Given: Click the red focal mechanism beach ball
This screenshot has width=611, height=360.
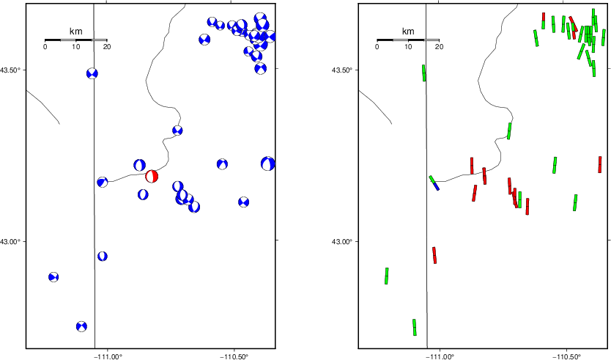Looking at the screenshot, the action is point(152,176).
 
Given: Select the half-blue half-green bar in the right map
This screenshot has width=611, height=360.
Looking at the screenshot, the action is point(434,183).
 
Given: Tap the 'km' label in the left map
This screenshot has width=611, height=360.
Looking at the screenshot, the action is point(75,32).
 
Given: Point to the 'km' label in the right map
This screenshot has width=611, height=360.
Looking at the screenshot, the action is point(408,32).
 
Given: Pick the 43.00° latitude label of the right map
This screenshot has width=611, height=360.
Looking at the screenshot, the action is point(341,242).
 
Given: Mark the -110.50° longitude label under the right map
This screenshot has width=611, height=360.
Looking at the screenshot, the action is point(566,356).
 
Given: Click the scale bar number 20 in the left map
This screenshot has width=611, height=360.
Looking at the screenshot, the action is point(107,47).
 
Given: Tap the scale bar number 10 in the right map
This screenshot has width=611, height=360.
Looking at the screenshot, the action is point(408,47).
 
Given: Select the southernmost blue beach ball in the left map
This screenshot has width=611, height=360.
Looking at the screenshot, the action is point(81,326).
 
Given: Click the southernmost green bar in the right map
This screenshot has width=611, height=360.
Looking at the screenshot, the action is point(415,327).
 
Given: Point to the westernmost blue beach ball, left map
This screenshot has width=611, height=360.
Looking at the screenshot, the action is point(53,277).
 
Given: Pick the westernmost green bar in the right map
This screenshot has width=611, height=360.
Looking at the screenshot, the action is point(387,276).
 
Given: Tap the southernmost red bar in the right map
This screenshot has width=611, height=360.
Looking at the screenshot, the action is point(434,255).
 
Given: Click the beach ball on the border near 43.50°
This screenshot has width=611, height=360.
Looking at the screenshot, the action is point(92,73).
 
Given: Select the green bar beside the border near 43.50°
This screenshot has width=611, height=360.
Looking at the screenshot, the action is point(424,73).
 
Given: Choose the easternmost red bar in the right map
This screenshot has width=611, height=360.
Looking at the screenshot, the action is point(600,164).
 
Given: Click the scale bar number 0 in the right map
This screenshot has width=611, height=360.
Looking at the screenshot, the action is point(377,47).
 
